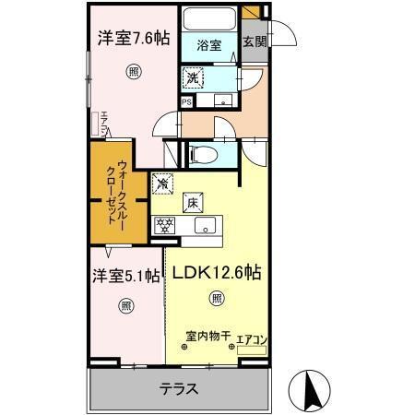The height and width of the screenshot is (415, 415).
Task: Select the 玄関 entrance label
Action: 253,41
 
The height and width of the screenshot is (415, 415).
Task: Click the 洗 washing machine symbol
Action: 195,78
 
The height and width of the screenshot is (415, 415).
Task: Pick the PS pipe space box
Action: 186,102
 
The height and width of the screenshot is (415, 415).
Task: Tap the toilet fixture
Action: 205,155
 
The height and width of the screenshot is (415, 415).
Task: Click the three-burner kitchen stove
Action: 167,223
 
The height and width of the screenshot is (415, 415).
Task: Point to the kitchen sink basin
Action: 206,225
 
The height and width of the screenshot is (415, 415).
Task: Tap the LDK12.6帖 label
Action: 215,273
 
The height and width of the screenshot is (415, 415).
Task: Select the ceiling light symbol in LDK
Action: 216,298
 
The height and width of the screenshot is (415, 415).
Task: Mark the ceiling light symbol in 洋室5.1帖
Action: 125,304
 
